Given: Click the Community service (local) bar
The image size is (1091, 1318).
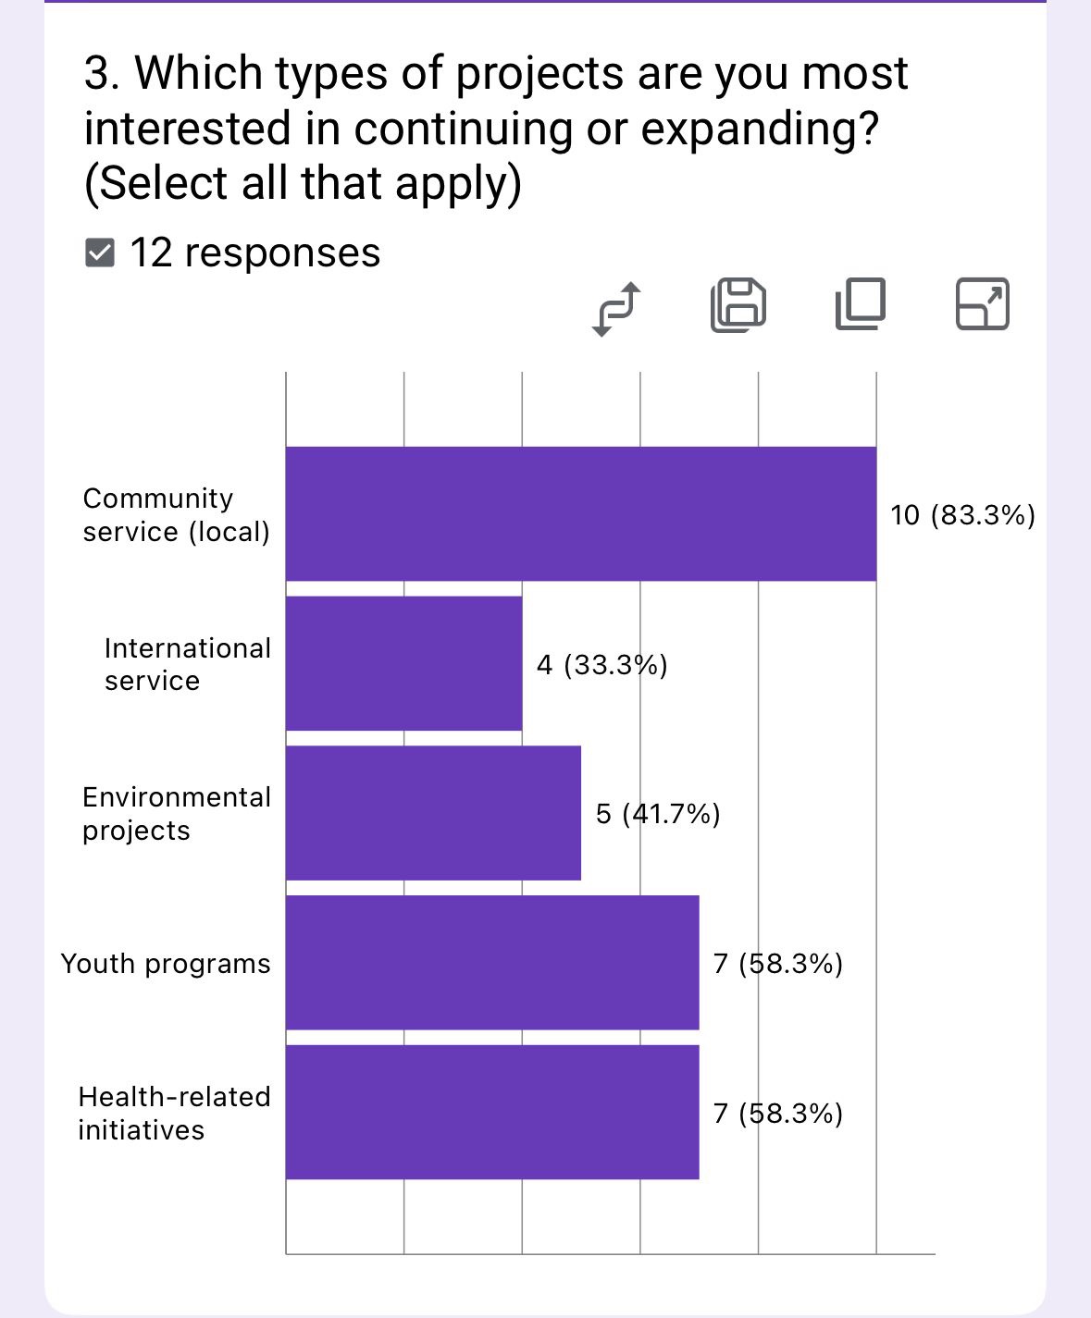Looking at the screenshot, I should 580,514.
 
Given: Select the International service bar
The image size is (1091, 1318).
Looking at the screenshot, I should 403,663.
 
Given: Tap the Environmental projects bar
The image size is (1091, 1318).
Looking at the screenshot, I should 433,813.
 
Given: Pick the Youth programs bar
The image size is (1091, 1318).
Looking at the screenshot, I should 491,962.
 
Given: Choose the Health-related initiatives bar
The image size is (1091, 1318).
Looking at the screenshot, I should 491,1112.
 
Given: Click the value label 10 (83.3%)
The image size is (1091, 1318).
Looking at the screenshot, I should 962,515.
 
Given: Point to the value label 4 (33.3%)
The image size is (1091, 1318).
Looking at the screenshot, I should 601,665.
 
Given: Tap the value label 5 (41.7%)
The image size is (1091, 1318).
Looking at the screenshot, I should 658,814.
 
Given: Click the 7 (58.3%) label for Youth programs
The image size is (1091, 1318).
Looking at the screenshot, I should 777,964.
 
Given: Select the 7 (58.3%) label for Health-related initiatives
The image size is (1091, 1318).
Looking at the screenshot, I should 777,1113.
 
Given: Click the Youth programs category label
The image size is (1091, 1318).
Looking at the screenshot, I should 166,964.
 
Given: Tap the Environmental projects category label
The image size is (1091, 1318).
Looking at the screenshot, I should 176,814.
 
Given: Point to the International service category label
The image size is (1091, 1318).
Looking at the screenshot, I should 187,664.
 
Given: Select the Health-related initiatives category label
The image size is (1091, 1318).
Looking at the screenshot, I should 174,1113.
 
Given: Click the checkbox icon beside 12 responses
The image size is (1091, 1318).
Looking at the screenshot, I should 99,253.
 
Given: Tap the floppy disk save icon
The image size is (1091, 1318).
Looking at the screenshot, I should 738,305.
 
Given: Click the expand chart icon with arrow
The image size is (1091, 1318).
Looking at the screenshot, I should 982,304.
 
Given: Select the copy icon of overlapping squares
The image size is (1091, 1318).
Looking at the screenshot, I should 860,304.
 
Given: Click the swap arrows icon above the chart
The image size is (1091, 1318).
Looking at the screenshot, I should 615,308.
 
